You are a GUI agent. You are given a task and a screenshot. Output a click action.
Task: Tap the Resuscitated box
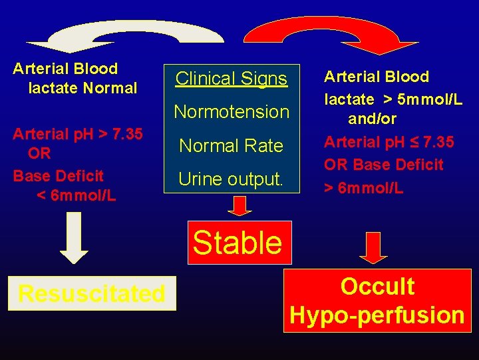click(92, 293)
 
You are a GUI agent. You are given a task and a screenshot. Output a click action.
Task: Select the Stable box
click(238, 243)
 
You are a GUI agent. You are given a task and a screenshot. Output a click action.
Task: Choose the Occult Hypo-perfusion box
click(377, 301)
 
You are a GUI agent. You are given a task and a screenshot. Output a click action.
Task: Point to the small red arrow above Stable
click(240, 205)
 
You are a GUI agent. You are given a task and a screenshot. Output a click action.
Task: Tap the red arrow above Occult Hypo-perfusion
click(373, 249)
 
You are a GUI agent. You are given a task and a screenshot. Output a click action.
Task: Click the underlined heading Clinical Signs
click(232, 78)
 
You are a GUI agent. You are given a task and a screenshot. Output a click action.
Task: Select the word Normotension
click(232, 111)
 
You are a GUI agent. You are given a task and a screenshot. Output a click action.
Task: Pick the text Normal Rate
click(232, 145)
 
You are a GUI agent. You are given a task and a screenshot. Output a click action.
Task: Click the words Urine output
click(232, 179)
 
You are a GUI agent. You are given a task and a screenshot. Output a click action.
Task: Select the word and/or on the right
click(373, 119)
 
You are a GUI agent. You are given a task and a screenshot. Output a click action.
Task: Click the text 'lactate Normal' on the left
click(82, 88)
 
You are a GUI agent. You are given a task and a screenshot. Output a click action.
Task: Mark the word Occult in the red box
click(377, 286)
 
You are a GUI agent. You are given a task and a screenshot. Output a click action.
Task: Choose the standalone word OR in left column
click(39, 153)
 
